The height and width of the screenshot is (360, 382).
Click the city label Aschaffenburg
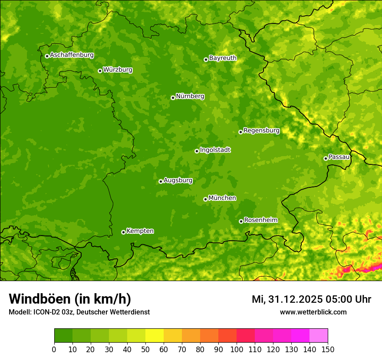pos(72,55)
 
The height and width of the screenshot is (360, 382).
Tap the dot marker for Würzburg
pos(100,71)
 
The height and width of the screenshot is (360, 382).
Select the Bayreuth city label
pos(223,58)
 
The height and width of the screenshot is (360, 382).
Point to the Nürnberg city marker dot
pos(173,98)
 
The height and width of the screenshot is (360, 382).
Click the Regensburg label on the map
pos(261,130)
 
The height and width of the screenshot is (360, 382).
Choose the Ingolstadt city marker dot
pos(197,151)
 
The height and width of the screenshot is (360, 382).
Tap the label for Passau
pos(339,157)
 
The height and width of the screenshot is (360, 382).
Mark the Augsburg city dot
pos(161,181)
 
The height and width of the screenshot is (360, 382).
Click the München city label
pos(222,198)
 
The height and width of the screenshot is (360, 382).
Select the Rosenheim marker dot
pos(241,221)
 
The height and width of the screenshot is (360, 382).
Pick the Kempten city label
pos(140,231)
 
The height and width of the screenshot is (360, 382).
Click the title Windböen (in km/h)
pos(70,299)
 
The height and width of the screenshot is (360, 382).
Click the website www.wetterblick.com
pos(313,312)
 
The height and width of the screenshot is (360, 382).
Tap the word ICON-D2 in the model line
pos(46,312)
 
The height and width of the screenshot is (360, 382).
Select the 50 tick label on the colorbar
pos(145,350)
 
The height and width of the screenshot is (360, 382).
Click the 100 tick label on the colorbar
pos(237,350)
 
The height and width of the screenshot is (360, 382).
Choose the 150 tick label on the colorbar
pos(328,350)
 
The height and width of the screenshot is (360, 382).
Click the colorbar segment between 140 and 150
pos(319,336)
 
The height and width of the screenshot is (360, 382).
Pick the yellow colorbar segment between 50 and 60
pos(155,336)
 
